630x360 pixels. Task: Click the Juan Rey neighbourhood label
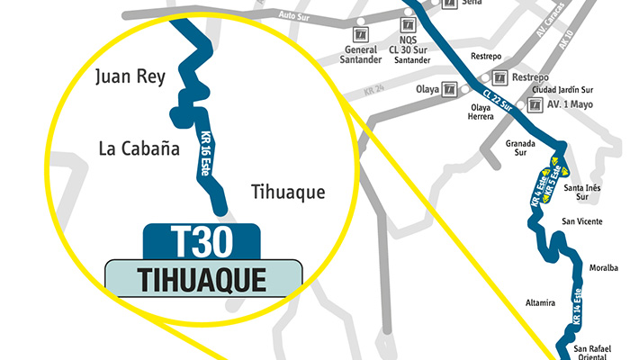(130, 77)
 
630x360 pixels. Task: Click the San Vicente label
(581, 220)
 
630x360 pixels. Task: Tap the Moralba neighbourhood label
(603, 267)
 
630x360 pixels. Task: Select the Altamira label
(540, 302)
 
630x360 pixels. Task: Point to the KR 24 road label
(374, 87)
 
